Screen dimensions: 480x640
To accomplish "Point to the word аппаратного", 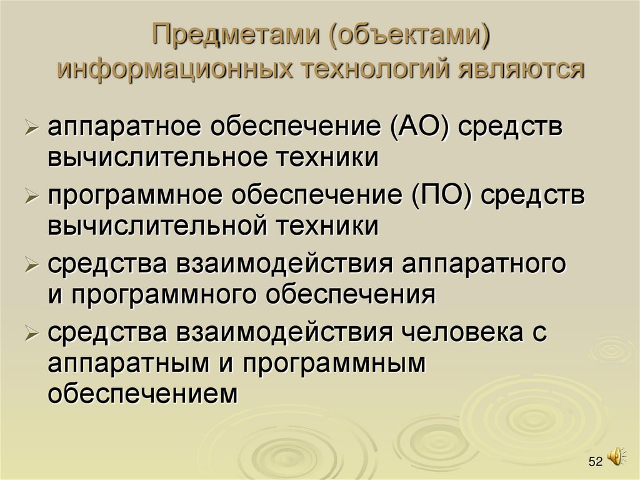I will click(484, 263).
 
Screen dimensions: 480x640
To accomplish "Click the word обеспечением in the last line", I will click(143, 393).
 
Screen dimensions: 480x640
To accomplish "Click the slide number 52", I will click(595, 462).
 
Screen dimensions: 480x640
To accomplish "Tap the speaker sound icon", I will click(615, 456).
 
